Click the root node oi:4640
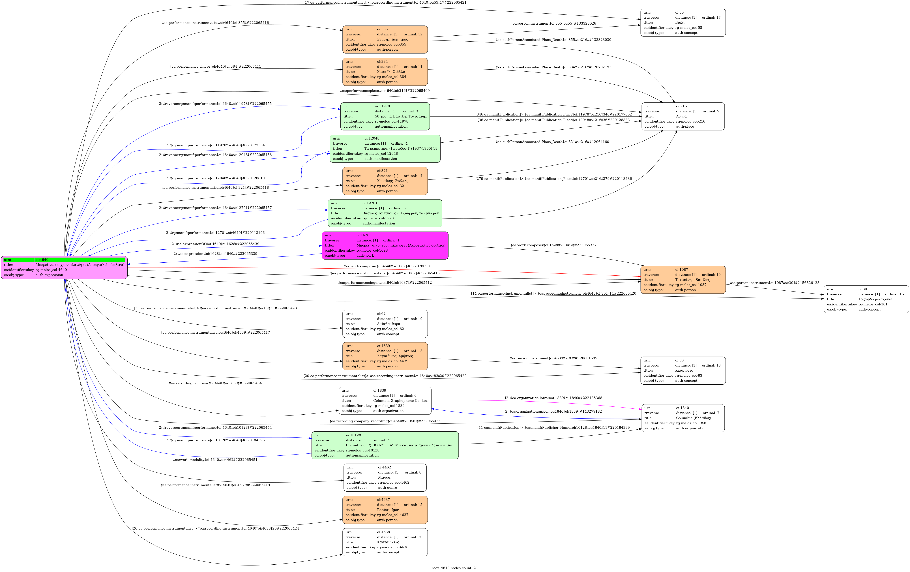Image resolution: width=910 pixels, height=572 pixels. pos(64,267)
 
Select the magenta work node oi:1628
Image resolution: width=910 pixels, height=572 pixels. pos(385,245)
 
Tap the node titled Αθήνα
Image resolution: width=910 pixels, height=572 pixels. pos(682,116)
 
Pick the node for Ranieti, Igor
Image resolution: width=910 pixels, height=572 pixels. pos(385,510)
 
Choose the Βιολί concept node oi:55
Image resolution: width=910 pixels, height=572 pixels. pos(682,23)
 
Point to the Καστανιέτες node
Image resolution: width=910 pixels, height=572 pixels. pos(385,542)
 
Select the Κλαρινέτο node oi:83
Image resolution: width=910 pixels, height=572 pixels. pos(682,370)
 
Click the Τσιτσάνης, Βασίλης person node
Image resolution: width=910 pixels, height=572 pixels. pos(682,280)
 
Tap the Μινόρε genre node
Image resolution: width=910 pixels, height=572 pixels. pos(385,477)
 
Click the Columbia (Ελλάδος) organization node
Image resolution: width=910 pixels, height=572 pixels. pos(682,418)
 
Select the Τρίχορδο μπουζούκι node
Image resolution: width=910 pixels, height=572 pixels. pos(866,299)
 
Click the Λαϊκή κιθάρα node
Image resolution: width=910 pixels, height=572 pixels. pos(385,324)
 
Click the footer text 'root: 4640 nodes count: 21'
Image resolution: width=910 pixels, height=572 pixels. pos(454,568)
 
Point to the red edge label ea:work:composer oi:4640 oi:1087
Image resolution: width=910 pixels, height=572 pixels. pos(385,266)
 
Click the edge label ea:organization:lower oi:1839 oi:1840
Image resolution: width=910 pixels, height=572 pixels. pos(553,398)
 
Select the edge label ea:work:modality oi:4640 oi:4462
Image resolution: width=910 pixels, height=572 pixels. pos(215,460)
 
